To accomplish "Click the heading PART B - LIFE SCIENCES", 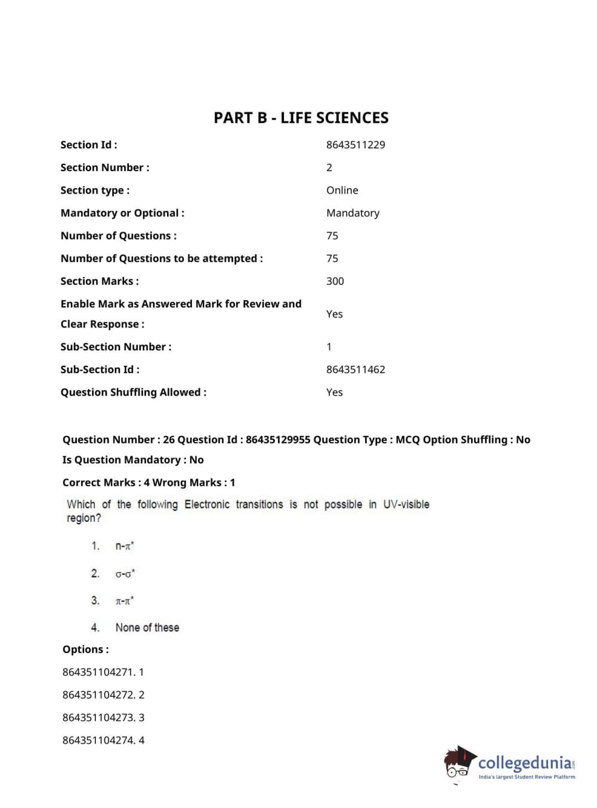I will point(301,118).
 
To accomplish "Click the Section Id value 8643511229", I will point(355,145).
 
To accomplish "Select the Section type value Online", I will point(342,190).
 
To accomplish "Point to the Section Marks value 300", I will point(335,281).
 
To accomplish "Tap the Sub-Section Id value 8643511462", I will point(355,369).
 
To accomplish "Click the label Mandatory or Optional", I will point(122,213).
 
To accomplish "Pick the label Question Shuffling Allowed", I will point(134,392).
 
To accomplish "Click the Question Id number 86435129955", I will point(278,440).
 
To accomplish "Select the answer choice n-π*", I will point(125,546).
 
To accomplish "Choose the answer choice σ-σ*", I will point(125,574).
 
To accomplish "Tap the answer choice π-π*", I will point(125,601).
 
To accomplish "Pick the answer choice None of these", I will point(147,627).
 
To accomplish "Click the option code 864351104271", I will point(98,672).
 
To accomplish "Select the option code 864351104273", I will point(98,717).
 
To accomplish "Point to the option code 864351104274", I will point(98,740).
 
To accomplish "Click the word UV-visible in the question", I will point(406,504).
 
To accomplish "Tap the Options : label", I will point(86,649).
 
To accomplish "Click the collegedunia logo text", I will point(525,763).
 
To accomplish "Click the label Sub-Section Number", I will point(116,347).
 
